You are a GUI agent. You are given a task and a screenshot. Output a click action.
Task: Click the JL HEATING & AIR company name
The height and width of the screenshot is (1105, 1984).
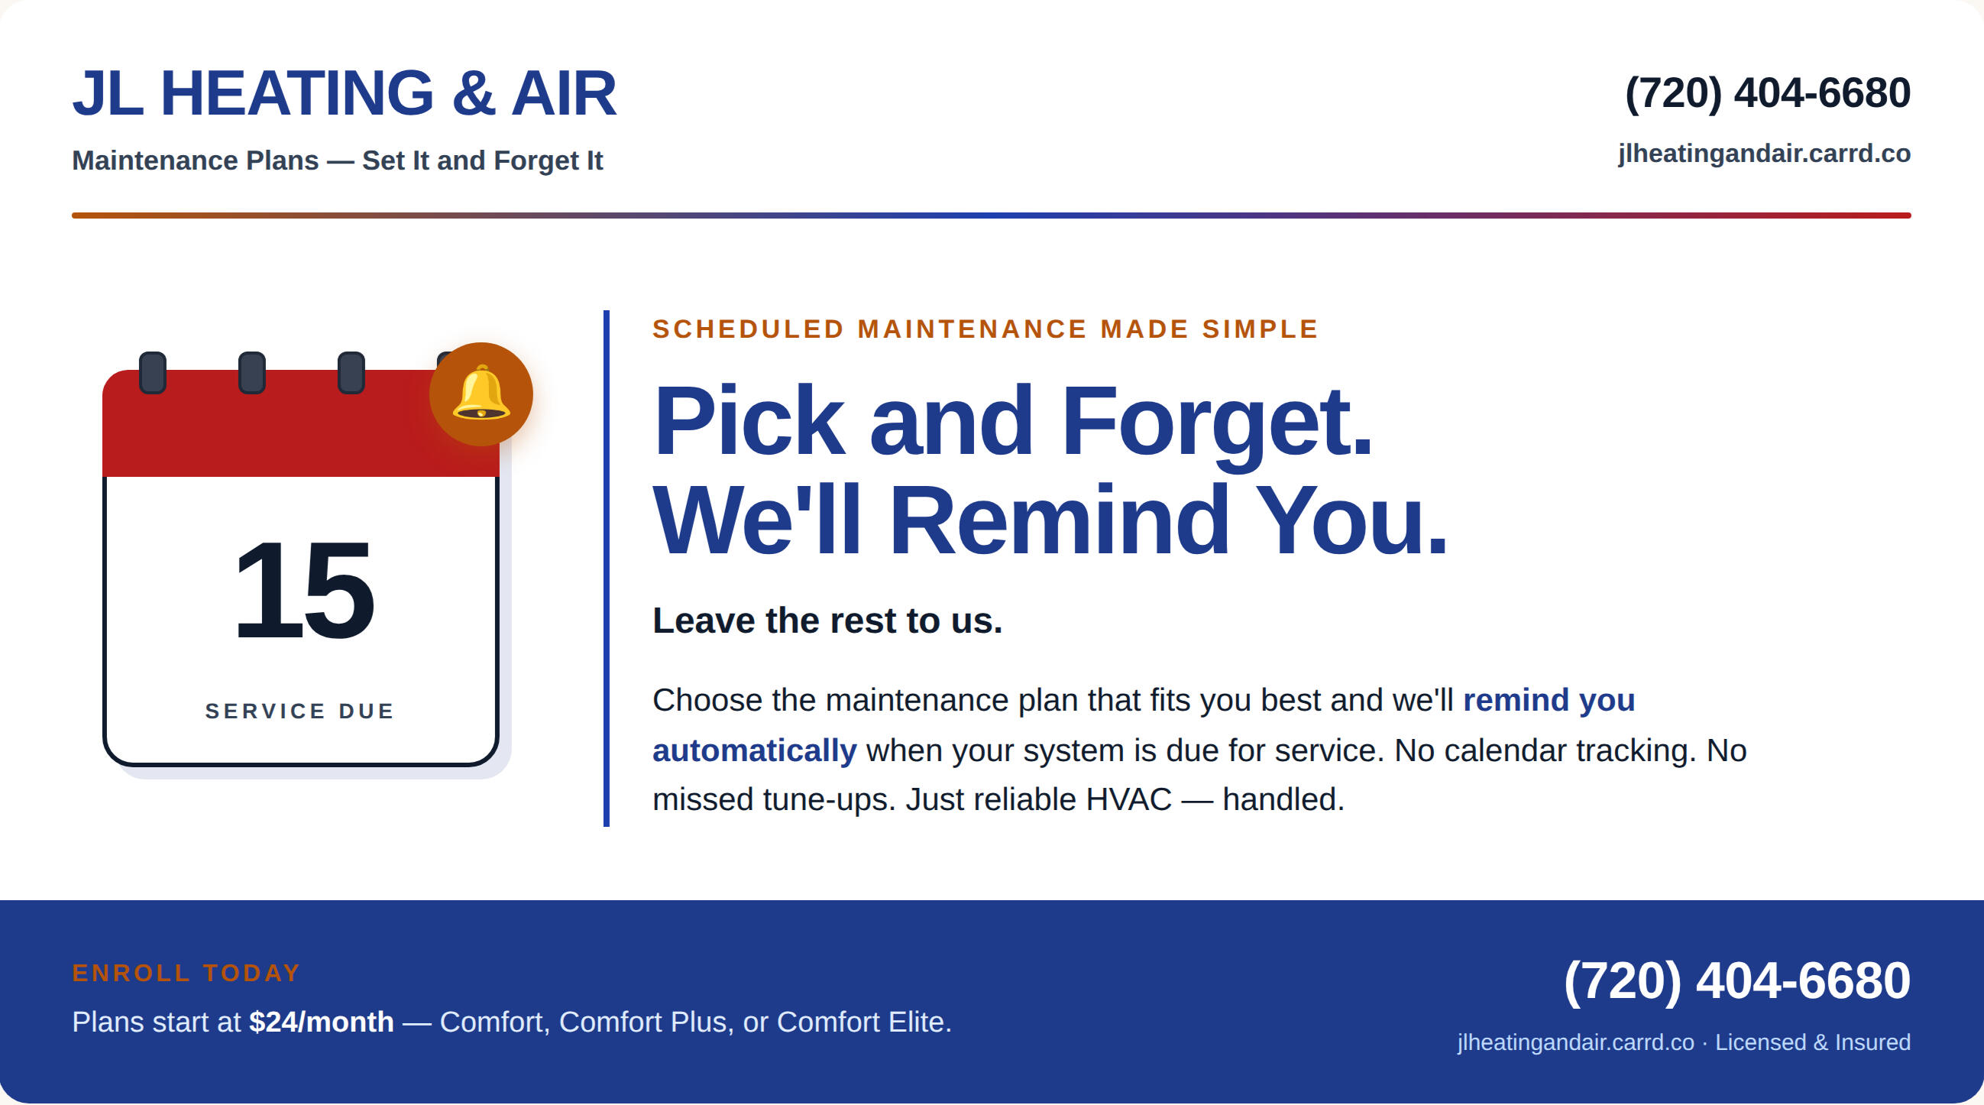345,93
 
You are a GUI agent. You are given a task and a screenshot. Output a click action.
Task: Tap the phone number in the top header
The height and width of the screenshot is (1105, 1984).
1768,93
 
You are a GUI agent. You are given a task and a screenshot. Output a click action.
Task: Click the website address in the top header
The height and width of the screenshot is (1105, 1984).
1764,154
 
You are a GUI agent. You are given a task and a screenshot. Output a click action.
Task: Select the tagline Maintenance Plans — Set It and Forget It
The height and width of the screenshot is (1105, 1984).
338,160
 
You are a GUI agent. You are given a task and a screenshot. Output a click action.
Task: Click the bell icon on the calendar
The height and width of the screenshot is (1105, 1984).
481,394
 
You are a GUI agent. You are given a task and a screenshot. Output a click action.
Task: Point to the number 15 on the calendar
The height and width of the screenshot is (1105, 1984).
303,590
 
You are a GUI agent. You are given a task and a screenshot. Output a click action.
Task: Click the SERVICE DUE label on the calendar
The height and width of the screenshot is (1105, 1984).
299,711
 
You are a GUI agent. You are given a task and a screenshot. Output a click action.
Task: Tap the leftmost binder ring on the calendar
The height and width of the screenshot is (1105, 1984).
153,372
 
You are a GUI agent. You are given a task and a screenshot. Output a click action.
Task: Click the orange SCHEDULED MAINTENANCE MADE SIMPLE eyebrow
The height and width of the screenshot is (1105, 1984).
985,329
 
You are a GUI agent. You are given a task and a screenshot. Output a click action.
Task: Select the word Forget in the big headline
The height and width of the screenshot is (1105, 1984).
1217,423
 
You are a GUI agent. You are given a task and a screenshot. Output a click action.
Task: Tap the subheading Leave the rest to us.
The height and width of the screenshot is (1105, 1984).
827,621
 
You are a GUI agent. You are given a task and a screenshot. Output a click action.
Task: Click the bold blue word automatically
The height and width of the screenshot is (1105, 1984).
755,750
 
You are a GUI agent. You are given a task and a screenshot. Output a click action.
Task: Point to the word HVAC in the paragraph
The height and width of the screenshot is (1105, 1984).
1128,799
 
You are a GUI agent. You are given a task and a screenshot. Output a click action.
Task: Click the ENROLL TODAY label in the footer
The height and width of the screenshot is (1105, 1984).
186,973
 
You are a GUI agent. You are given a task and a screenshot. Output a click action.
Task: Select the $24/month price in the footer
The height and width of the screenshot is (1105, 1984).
321,1022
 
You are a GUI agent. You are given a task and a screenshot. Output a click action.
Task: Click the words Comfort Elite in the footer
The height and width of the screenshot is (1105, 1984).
864,1022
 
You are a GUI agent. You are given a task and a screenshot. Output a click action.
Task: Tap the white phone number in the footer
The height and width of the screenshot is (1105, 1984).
1737,980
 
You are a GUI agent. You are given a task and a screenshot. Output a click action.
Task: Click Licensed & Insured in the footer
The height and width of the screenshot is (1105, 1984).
1813,1042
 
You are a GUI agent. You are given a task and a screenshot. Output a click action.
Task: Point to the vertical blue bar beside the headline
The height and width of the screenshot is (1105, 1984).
607,569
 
